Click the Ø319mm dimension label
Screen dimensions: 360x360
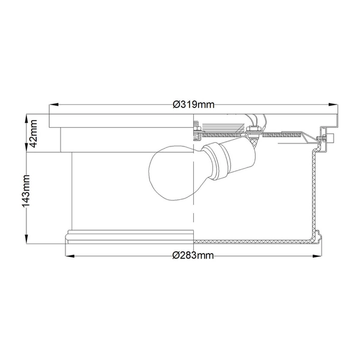click(193, 104)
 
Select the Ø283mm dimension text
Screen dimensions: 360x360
click(193, 256)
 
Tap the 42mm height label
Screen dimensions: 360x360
click(34, 134)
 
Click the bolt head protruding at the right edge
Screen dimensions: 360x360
click(329, 139)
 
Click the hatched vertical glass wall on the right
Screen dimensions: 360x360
click(313, 192)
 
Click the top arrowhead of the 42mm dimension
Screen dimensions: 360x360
click(29, 116)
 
